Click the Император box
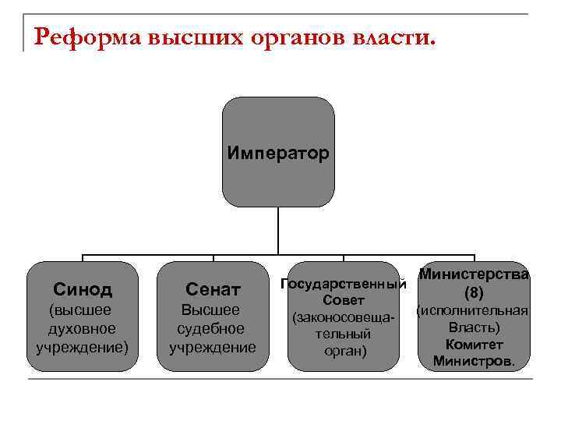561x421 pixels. (x=278, y=152)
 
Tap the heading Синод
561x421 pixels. (x=83, y=289)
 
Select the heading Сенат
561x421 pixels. (x=213, y=290)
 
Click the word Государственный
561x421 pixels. (x=344, y=284)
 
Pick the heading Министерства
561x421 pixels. (x=474, y=274)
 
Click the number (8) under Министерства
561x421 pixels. (x=474, y=293)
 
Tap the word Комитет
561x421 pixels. (x=474, y=345)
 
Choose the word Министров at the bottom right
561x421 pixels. (x=474, y=362)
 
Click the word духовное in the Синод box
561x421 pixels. (x=83, y=328)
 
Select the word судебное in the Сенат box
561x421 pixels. (x=213, y=328)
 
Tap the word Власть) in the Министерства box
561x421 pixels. (x=474, y=327)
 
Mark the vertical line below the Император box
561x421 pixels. (x=278, y=231)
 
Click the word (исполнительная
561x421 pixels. (x=474, y=310)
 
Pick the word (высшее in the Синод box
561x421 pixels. (x=83, y=310)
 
